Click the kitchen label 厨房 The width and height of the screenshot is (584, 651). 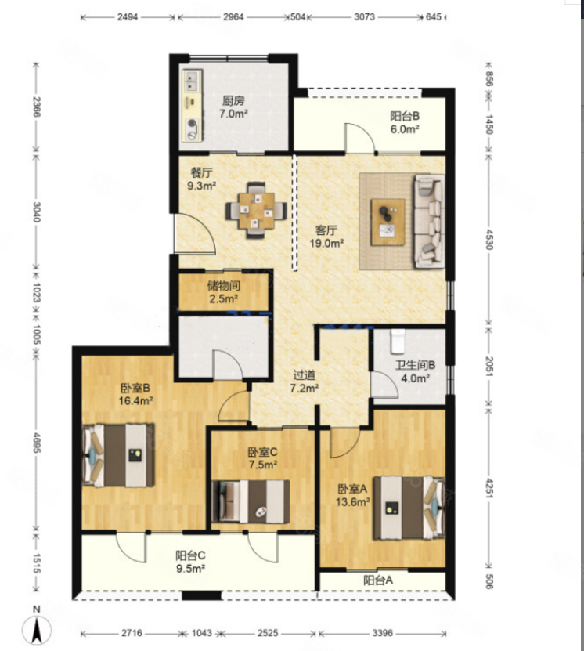click(x=233, y=100)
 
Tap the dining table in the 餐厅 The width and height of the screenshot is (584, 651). click(x=256, y=211)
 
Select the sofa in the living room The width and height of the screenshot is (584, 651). click(x=430, y=221)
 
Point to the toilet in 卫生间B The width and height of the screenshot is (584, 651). click(x=398, y=341)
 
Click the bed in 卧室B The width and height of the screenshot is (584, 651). click(x=119, y=455)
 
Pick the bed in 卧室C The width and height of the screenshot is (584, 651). click(x=251, y=501)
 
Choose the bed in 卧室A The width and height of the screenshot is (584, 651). click(x=409, y=508)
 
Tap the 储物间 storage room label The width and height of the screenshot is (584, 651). click(x=224, y=286)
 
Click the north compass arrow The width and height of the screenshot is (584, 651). click(x=37, y=630)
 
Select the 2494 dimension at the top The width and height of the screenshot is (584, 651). click(x=128, y=17)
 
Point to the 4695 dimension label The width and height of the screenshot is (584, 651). click(x=37, y=443)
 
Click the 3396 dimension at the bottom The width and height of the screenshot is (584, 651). click(x=382, y=633)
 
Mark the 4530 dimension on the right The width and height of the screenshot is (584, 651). click(x=488, y=239)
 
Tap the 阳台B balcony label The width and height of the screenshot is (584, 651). click(x=405, y=116)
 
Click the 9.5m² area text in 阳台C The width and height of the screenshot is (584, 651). click(x=191, y=569)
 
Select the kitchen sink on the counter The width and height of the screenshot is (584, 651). click(x=191, y=81)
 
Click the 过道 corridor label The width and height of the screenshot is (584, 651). click(x=304, y=375)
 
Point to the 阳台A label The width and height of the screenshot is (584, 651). click(x=378, y=580)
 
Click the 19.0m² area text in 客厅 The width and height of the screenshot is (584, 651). click(x=326, y=244)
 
